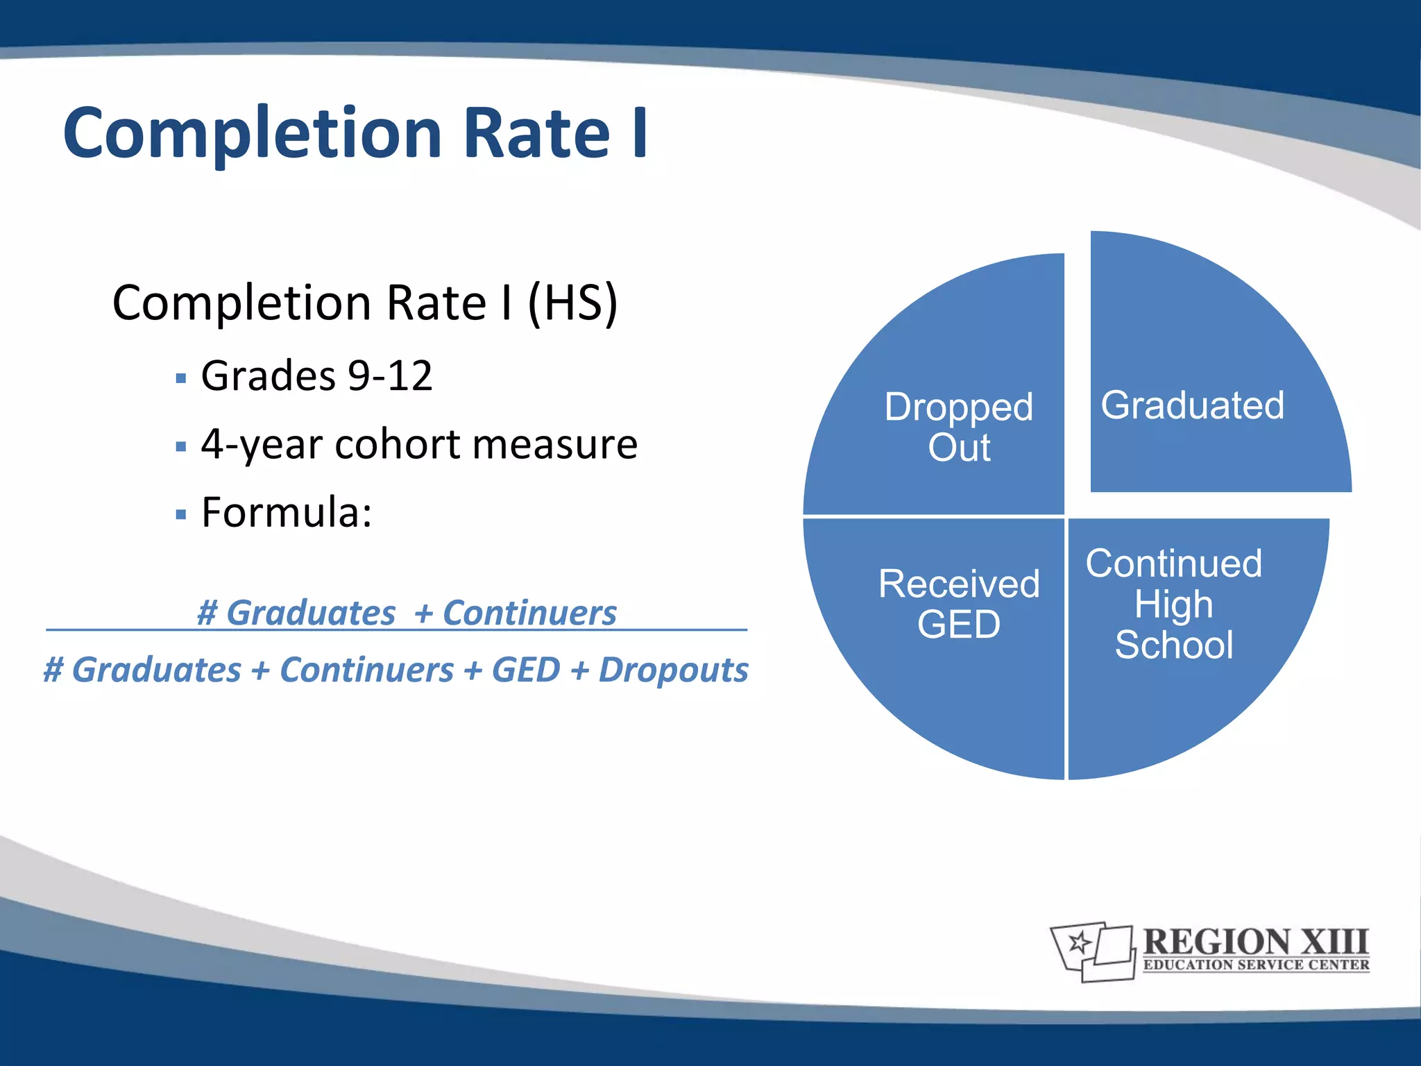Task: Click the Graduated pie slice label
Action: pos(1192,405)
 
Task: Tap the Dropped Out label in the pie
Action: pos(959,426)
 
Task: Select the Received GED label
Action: pos(959,603)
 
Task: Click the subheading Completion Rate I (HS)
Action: pos(365,303)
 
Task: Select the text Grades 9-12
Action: pos(316,375)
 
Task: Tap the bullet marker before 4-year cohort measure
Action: pos(181,447)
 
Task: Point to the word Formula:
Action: pos(287,512)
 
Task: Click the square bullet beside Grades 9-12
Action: pos(181,379)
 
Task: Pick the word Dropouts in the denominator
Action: pos(673,670)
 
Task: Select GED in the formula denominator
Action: pos(525,670)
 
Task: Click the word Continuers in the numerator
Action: pos(529,613)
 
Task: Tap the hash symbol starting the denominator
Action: pos(53,670)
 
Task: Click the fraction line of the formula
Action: pos(395,630)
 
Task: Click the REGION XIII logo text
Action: pos(1255,942)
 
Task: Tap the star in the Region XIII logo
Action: pos(1080,942)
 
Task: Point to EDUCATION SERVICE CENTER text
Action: pos(1256,965)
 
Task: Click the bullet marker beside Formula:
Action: pos(181,515)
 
